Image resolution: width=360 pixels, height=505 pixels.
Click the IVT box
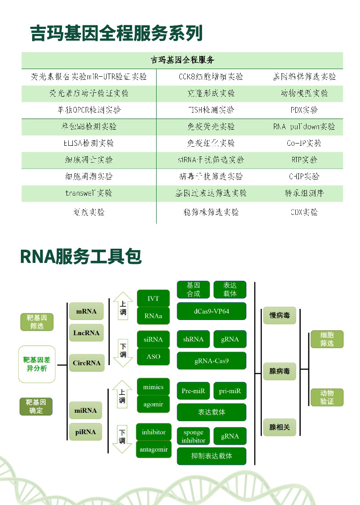[x=153, y=299]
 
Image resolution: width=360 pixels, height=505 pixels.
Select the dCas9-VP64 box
[x=211, y=311]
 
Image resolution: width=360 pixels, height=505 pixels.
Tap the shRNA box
[x=193, y=339]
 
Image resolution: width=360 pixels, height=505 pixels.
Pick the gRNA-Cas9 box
[x=211, y=361]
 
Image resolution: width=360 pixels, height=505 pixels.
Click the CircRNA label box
[x=87, y=363]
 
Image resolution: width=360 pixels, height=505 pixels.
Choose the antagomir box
[x=153, y=449]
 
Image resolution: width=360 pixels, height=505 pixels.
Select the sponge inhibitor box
[x=193, y=436]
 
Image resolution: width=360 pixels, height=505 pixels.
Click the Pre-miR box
[x=193, y=391]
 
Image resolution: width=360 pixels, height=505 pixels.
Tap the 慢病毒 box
[x=279, y=316]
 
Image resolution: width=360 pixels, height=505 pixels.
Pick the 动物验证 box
[x=327, y=397]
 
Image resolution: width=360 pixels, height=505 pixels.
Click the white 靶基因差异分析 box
[x=37, y=364]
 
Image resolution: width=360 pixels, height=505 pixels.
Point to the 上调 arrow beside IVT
[x=122, y=308]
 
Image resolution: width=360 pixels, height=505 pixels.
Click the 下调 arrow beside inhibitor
[x=122, y=437]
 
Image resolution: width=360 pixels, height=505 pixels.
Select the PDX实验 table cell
[x=304, y=110]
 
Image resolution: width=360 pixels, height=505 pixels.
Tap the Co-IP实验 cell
[x=304, y=143]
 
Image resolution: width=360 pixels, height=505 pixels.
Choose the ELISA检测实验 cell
[x=89, y=143]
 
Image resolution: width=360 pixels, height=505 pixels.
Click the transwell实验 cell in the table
[x=89, y=193]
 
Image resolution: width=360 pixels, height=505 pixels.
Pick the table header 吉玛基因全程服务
[x=182, y=60]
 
